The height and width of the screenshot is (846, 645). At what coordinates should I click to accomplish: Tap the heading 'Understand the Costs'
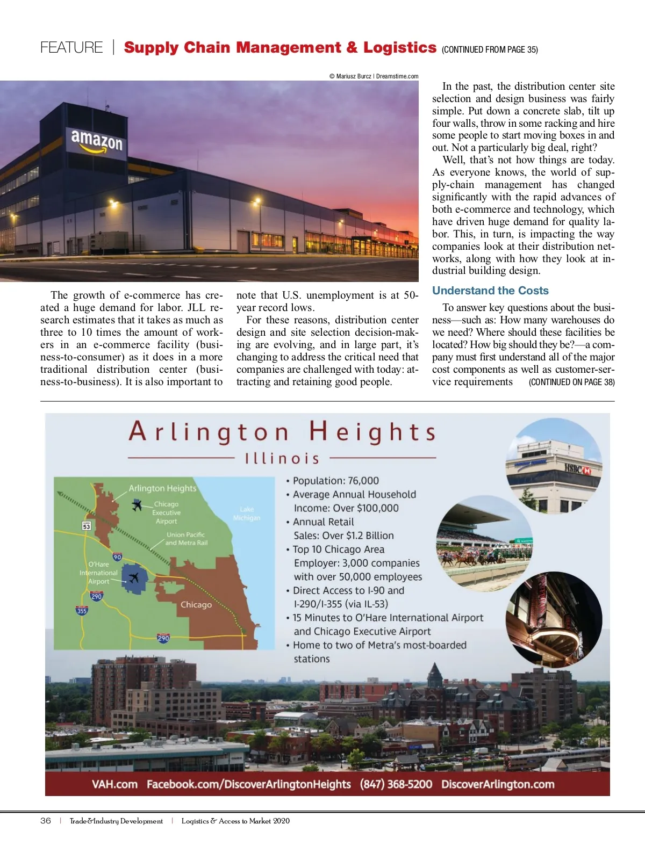[x=490, y=291]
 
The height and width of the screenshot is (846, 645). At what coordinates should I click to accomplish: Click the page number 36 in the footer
[x=46, y=821]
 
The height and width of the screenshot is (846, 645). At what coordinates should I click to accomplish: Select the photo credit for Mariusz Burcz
[x=374, y=76]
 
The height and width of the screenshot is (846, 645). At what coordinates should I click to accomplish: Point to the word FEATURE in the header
[x=71, y=48]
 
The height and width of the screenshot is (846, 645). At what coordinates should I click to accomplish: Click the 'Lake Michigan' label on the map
[x=247, y=514]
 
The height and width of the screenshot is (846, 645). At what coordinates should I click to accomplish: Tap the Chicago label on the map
[x=196, y=605]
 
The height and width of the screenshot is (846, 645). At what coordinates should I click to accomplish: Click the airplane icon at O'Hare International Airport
[x=133, y=578]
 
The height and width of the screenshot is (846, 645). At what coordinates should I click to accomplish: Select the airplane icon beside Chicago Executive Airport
[x=137, y=505]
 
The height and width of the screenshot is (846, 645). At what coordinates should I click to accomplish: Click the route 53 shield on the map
[x=86, y=526]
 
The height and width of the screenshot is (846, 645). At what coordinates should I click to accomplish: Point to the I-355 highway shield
[x=82, y=610]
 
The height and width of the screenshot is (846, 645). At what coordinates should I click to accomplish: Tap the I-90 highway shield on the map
[x=117, y=557]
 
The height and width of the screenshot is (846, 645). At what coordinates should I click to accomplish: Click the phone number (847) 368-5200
[x=396, y=784]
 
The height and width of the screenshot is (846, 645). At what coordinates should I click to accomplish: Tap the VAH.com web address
[x=114, y=784]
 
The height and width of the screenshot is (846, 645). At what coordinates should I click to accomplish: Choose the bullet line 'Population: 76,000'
[x=333, y=481]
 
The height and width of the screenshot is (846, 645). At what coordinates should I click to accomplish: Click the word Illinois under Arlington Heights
[x=282, y=459]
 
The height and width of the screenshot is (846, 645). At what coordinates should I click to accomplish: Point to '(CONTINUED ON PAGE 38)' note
[x=571, y=382]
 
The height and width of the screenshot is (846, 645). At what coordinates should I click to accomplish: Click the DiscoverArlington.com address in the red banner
[x=498, y=784]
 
